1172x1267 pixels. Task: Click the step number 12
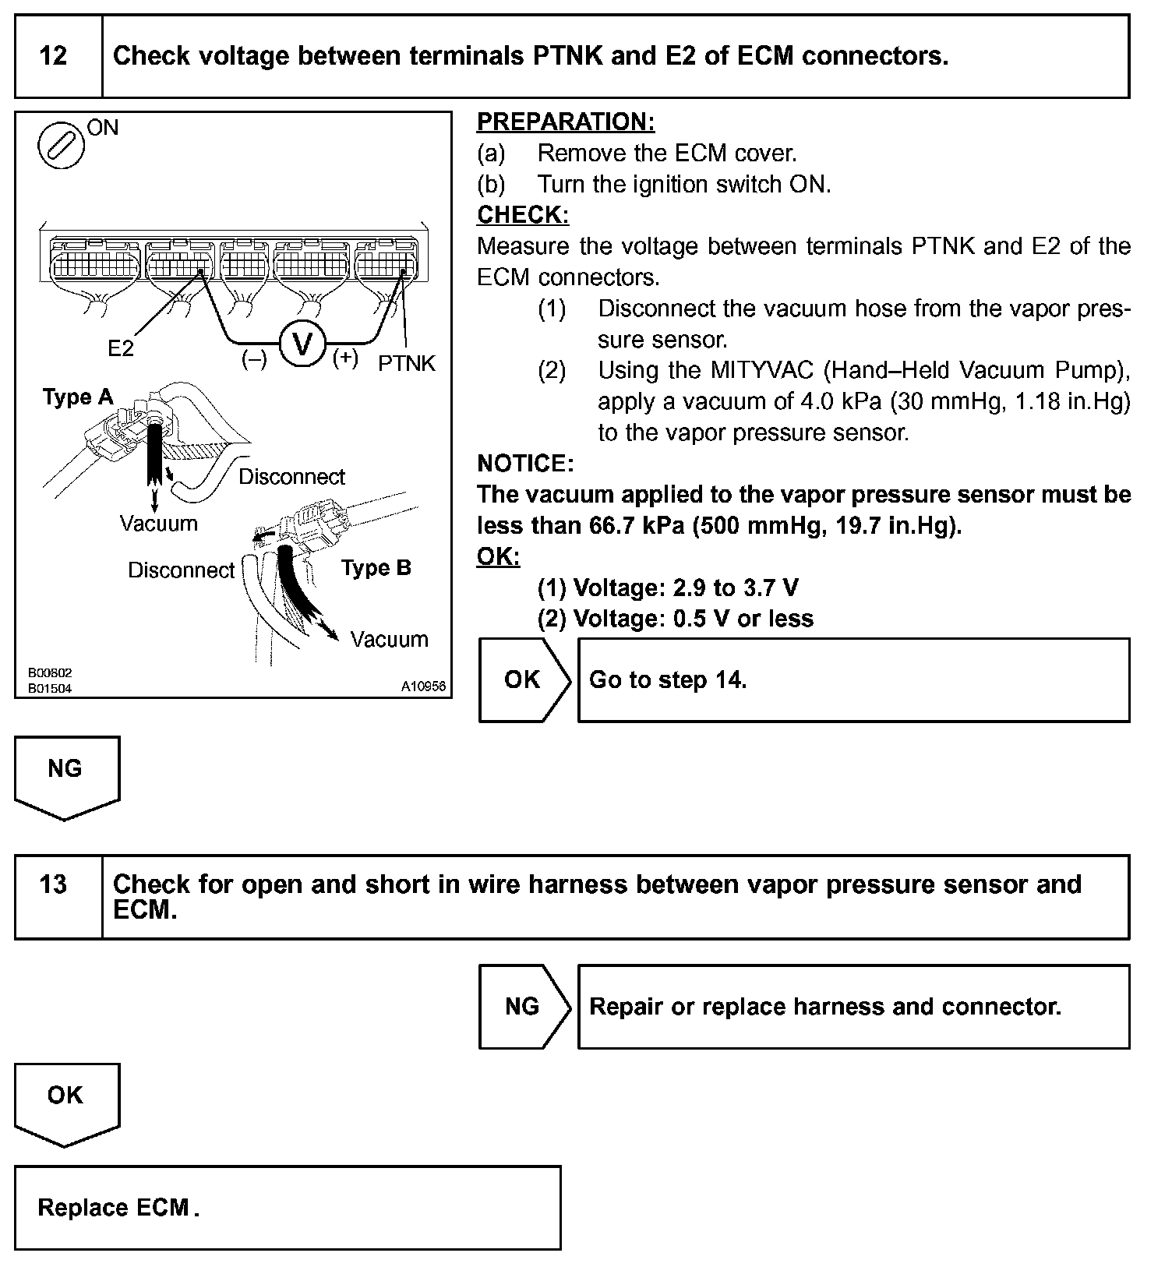pos(53,56)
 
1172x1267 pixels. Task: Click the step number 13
pos(53,884)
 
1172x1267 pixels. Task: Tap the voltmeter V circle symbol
pos(302,344)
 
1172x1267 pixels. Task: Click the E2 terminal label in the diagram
pos(121,348)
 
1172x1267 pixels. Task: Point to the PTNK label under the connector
pos(406,363)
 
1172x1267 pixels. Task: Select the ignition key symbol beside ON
pos(62,145)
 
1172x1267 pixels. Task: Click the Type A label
pos(78,397)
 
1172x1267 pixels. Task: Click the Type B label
pos(376,568)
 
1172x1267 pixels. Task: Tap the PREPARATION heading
pos(566,122)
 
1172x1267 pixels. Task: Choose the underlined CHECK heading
pos(522,215)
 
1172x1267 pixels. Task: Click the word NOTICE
pos(525,464)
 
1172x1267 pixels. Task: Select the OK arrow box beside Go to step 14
pos(524,679)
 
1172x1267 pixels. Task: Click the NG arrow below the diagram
pos(65,775)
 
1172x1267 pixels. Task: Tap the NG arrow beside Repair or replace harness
pos(524,1006)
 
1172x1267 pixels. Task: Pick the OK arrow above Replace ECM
pos(65,1101)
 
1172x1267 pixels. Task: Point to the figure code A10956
pos(423,686)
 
